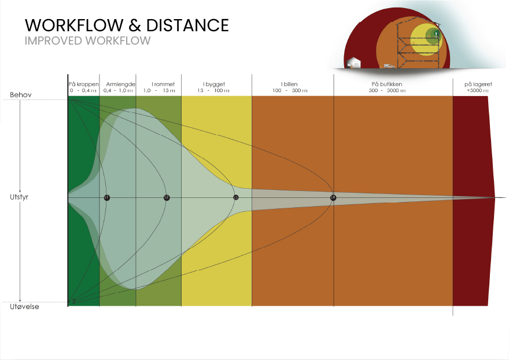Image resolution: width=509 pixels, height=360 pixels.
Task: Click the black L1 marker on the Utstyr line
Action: [x=106, y=198]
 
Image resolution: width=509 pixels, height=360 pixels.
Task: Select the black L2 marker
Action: [x=167, y=198]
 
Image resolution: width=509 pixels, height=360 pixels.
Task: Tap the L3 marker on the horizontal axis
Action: [x=236, y=198]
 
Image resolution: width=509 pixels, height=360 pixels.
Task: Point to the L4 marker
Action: [x=333, y=198]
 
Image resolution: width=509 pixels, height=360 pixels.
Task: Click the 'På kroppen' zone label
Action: [x=83, y=85]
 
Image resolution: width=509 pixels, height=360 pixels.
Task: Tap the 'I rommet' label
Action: [x=163, y=85]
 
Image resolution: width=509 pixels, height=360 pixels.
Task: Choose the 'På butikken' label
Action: [x=386, y=85]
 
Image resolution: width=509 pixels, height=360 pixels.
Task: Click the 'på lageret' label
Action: [x=478, y=85]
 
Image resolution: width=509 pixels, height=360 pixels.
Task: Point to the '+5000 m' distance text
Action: [x=478, y=91]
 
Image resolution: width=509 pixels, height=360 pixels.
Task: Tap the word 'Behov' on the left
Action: [x=20, y=94]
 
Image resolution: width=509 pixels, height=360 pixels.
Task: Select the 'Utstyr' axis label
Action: [x=19, y=197]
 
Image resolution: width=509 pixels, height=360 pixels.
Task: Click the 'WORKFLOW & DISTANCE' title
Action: [x=127, y=25]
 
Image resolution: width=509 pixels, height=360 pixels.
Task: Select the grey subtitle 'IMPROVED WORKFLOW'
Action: [x=88, y=41]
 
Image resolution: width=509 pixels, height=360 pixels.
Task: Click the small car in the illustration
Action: [x=389, y=66]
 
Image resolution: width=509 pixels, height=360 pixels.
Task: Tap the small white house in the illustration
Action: [x=353, y=63]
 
